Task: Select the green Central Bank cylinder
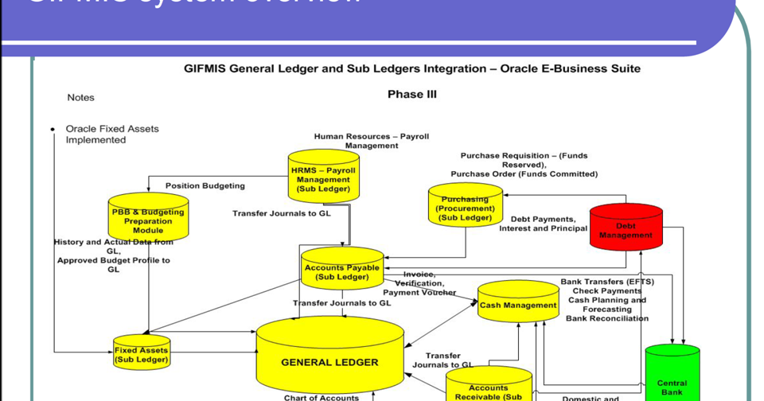pos(672,375)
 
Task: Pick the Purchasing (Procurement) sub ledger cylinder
pos(465,206)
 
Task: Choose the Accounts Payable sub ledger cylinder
pos(342,271)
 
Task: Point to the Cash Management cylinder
pos(518,303)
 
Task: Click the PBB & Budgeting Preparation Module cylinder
pos(148,218)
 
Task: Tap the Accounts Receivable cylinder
pos(489,386)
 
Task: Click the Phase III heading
pos(411,94)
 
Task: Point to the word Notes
pos(80,97)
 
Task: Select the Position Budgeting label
pos(205,185)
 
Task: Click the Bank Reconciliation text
pos(606,318)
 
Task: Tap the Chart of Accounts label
pos(322,397)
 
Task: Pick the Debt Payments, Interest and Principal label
pos(543,224)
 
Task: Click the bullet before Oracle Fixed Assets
pos(53,129)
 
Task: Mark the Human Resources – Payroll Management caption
pos(371,141)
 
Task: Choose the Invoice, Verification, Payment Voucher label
pos(419,283)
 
